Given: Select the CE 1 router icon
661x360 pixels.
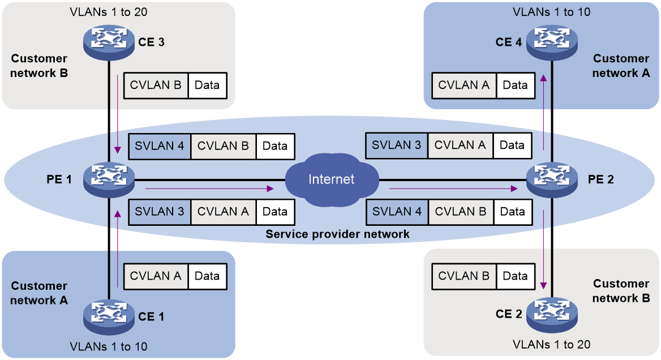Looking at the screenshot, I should [109, 316].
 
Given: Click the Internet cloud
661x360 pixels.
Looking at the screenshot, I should [332, 179].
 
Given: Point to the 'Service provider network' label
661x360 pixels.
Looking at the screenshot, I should [338, 234].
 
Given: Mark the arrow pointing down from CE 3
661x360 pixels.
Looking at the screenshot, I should [118, 114].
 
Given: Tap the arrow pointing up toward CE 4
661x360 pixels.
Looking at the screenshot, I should [543, 113].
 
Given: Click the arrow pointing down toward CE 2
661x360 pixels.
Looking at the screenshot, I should [544, 249].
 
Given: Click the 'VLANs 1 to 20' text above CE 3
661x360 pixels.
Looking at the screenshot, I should [109, 12].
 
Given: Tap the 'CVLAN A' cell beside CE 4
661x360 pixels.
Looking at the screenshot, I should [463, 85].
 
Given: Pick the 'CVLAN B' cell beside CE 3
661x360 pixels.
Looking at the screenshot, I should [156, 85].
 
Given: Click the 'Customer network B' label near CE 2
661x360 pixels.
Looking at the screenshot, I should [621, 291].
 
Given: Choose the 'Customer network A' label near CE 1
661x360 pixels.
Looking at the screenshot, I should [39, 293].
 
